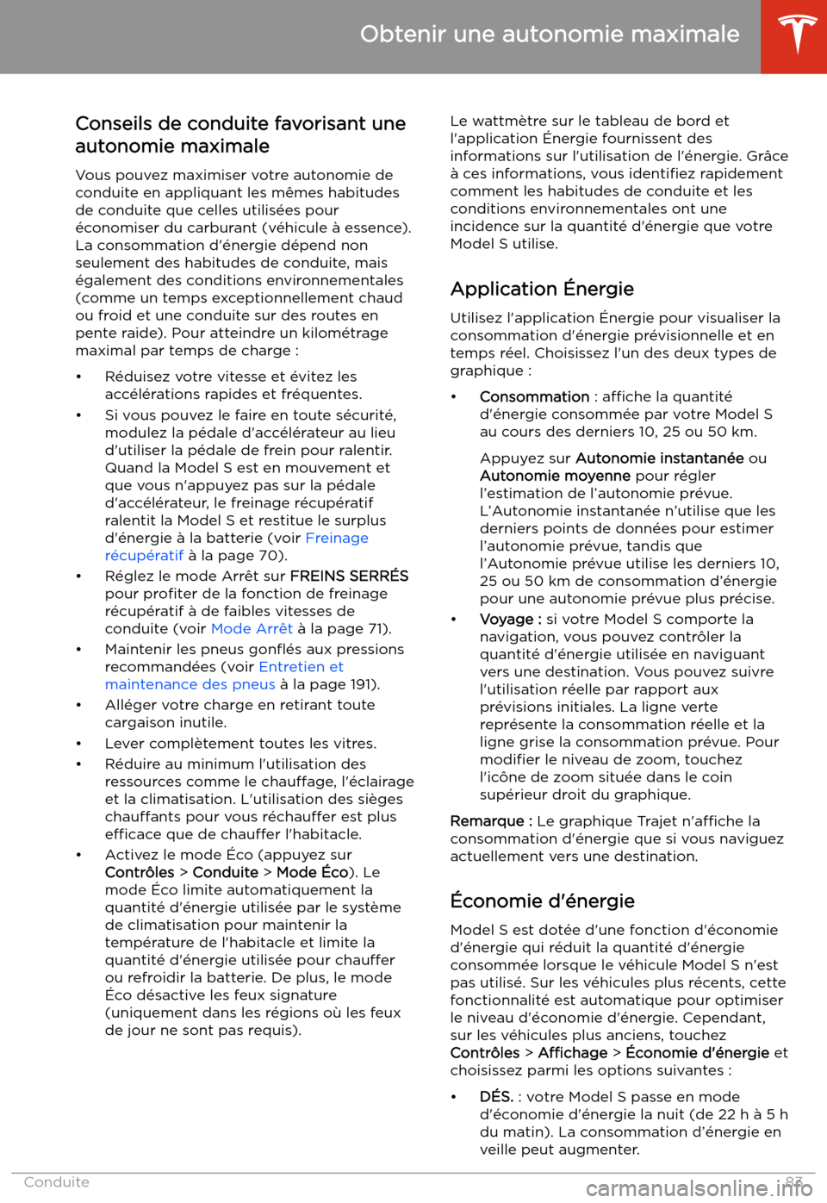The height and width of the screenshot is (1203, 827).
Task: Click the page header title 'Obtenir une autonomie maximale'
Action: pyautogui.click(x=550, y=34)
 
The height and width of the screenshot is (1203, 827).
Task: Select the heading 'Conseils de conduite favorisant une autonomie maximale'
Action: pyautogui.click(x=240, y=134)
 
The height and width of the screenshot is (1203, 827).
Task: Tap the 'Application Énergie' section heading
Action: pyautogui.click(x=542, y=289)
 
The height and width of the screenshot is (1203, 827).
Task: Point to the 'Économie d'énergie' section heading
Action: pyautogui.click(x=542, y=901)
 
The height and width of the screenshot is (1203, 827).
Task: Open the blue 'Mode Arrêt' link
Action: pyautogui.click(x=252, y=628)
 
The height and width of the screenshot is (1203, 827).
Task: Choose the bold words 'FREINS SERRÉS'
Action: pyautogui.click(x=349, y=576)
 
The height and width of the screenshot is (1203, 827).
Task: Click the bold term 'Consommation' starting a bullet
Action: pyautogui.click(x=534, y=396)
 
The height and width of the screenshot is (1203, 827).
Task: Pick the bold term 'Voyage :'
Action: pyautogui.click(x=510, y=619)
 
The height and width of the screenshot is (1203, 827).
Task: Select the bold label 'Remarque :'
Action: pyautogui.click(x=491, y=821)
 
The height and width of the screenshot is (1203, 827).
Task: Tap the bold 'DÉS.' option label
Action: pyautogui.click(x=496, y=1096)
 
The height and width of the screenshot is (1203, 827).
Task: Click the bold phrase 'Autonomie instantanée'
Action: pyautogui.click(x=659, y=458)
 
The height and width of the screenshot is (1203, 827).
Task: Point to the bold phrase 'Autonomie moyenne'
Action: pyautogui.click(x=555, y=476)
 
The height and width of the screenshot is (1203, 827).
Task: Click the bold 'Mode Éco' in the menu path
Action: pyautogui.click(x=312, y=872)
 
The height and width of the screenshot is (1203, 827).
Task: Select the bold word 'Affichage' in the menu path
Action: pyautogui.click(x=572, y=1052)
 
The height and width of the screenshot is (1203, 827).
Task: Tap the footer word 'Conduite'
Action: pyautogui.click(x=56, y=1181)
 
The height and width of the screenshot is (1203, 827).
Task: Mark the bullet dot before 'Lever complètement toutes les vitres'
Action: pyautogui.click(x=78, y=744)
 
